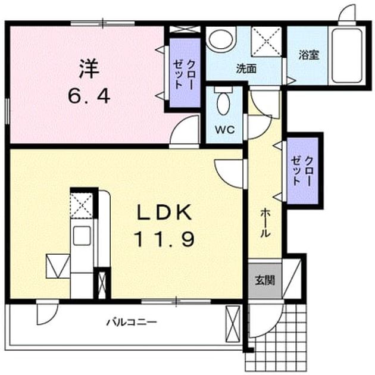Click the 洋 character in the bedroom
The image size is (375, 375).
(89, 69)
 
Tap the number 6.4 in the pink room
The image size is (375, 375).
(89, 96)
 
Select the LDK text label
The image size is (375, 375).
(164, 212)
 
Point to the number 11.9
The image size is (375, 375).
(164, 240)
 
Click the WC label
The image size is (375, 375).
(225, 130)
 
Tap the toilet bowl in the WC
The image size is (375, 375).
(223, 103)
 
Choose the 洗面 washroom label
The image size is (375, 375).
(246, 69)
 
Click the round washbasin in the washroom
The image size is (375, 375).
(220, 39)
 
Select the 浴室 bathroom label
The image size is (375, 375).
(309, 55)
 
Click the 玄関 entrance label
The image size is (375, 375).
(265, 280)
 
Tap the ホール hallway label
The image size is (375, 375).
(265, 223)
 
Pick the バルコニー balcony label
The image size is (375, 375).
(132, 322)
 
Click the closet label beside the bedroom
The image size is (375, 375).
(185, 74)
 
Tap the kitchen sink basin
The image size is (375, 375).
(82, 235)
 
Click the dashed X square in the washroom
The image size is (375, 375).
(266, 42)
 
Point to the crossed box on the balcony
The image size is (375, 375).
(233, 324)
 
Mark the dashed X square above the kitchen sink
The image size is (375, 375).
(82, 205)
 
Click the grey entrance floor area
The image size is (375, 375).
(265, 280)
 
